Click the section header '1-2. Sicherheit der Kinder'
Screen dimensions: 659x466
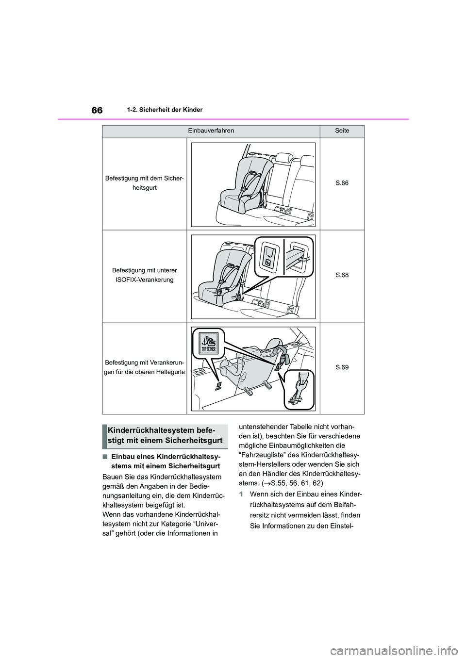[168, 110]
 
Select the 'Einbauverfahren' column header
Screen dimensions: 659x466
[211, 131]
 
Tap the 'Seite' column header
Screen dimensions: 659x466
[342, 131]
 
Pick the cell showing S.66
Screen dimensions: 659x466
[342, 183]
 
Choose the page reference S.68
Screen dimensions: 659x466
[342, 275]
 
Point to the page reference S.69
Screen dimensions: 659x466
[342, 367]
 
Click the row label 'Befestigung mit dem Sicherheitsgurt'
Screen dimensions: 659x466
[145, 183]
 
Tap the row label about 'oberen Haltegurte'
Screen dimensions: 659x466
[145, 367]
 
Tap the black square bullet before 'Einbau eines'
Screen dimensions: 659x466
[105, 457]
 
